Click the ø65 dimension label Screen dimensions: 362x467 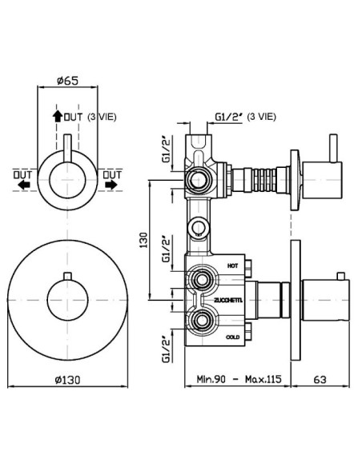[67, 81]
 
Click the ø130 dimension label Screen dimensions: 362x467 [68, 380]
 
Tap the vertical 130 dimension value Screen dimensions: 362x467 [143, 240]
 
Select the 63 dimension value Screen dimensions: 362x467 [320, 379]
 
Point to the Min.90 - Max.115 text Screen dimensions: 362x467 [239, 379]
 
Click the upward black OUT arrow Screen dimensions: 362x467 [57, 116]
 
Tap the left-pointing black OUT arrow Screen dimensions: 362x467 [24, 185]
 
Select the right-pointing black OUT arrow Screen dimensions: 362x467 [111, 185]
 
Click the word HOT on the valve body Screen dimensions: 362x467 [232, 265]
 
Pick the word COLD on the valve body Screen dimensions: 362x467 [232, 337]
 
